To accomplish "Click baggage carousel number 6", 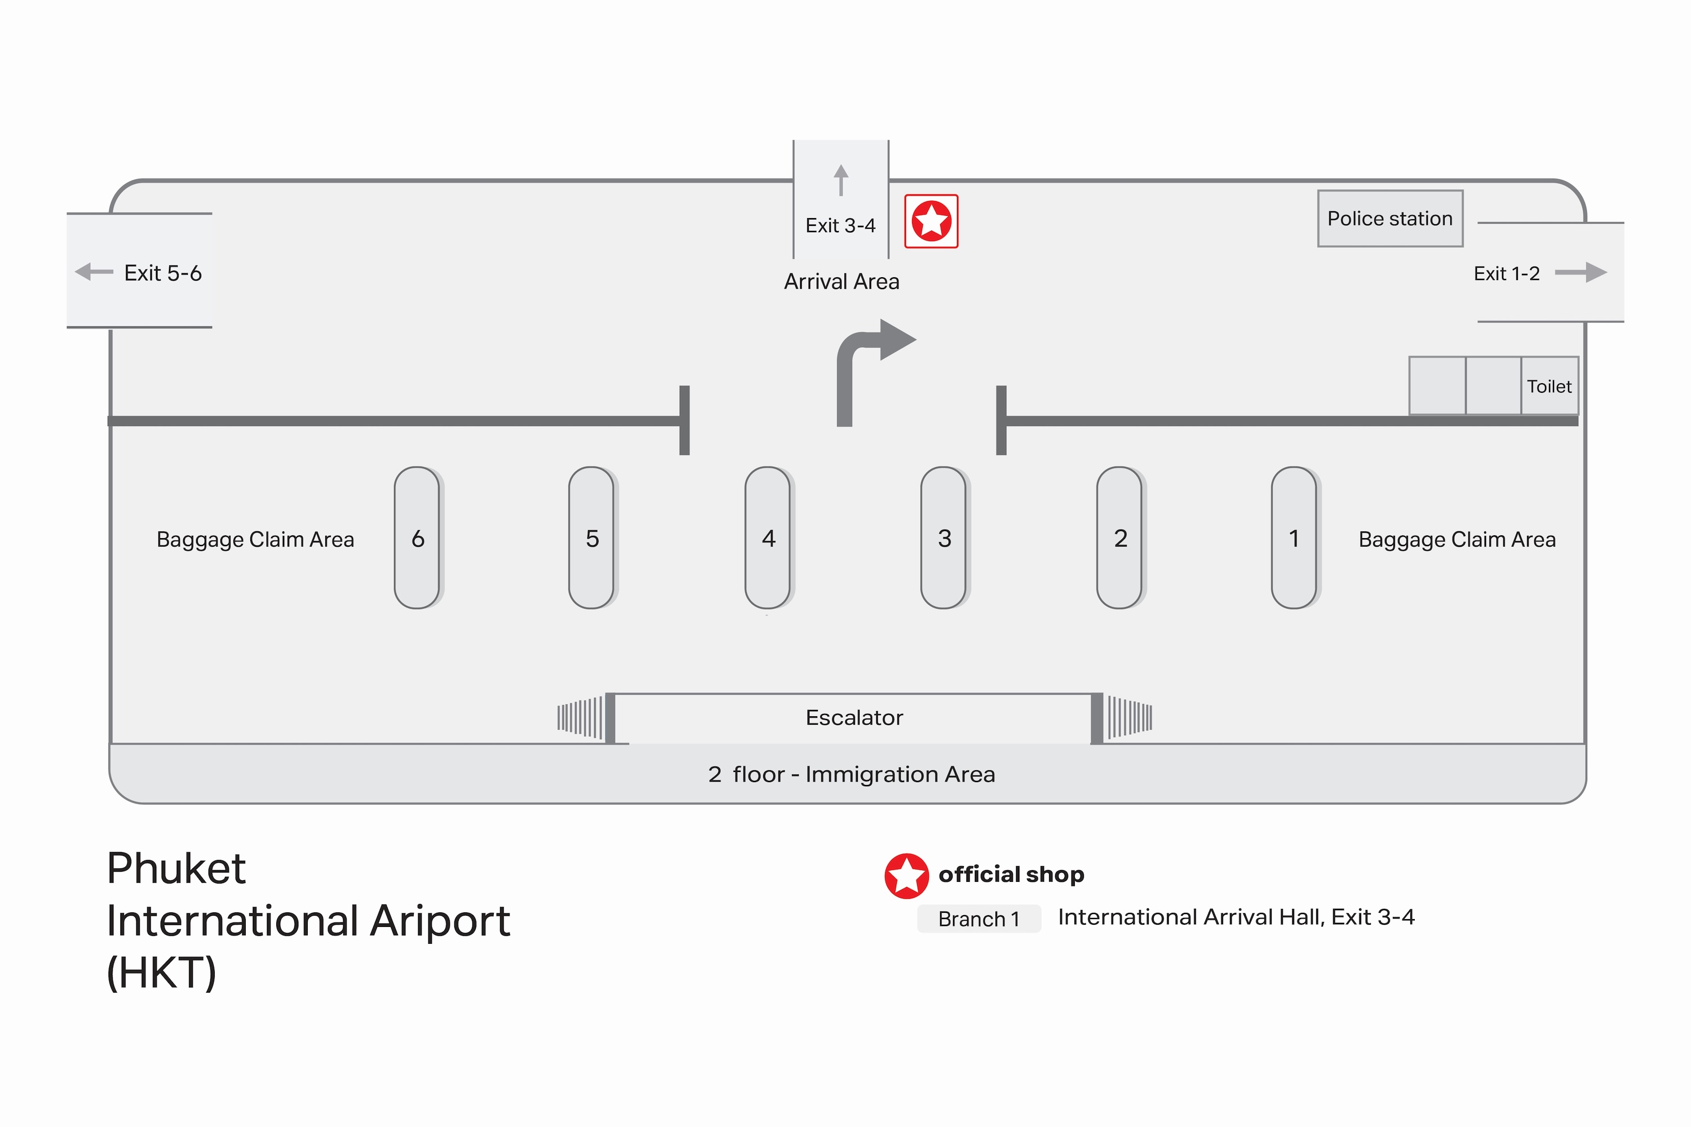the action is pyautogui.click(x=417, y=538).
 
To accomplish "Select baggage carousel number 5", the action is pyautogui.click(x=592, y=538).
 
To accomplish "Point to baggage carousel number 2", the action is pyautogui.click(x=1119, y=538).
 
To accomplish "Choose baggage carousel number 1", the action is pyautogui.click(x=1294, y=538).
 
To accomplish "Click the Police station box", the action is pyautogui.click(x=1390, y=219).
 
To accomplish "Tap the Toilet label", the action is pyautogui.click(x=1550, y=387).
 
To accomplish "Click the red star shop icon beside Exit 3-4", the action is pyautogui.click(x=931, y=221).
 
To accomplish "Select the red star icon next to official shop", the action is pyautogui.click(x=906, y=876).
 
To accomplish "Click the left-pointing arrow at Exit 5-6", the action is pyautogui.click(x=94, y=272).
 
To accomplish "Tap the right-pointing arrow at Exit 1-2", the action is pyautogui.click(x=1581, y=272).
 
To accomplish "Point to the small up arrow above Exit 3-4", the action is pyautogui.click(x=840, y=180).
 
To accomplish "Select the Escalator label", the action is pyautogui.click(x=854, y=717).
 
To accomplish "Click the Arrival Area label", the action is pyautogui.click(x=841, y=282).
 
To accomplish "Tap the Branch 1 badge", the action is pyautogui.click(x=979, y=919).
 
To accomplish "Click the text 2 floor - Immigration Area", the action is pyautogui.click(x=851, y=774).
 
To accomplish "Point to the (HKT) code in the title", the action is pyautogui.click(x=161, y=973).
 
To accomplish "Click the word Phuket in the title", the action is pyautogui.click(x=176, y=868).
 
